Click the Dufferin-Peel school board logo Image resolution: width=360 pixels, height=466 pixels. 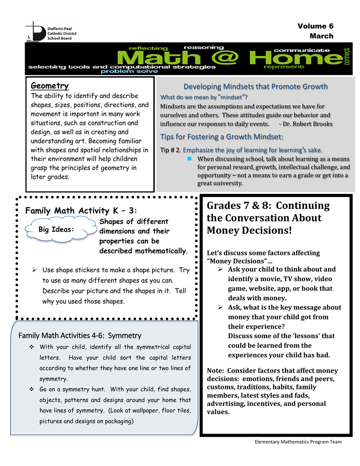tap(51, 31)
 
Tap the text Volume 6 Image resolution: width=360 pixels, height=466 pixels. tap(315, 26)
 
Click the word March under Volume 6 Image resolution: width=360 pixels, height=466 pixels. tap(321, 36)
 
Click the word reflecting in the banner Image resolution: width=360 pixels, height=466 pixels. tap(148, 48)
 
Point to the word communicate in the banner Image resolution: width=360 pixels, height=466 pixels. tap(301, 50)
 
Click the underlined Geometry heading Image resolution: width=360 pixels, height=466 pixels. tap(50, 86)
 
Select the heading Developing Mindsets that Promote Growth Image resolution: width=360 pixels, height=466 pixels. tap(255, 86)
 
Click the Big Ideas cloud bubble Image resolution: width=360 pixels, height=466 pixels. tap(56, 229)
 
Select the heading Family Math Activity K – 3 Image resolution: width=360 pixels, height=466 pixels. tap(81, 211)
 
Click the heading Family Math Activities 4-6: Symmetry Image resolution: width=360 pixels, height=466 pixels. tap(80, 335)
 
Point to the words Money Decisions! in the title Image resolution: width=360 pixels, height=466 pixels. tap(249, 230)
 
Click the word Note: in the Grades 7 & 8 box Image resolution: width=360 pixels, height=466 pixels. tap(216, 370)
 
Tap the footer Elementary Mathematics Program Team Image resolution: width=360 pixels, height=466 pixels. tap(298, 441)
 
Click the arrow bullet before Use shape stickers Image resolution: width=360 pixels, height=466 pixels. tap(34, 270)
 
